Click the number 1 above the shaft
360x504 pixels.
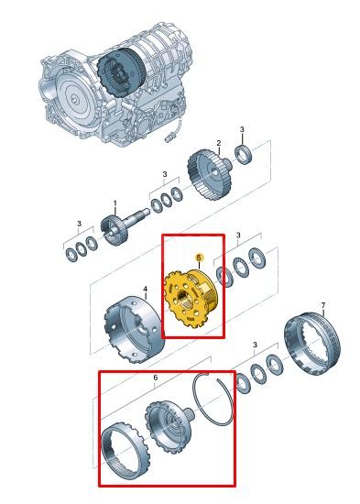pyautogui.click(x=115, y=203)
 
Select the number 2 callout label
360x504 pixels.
pyautogui.click(x=219, y=143)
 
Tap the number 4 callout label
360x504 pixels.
pyautogui.click(x=145, y=289)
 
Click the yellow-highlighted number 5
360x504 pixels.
pyautogui.click(x=199, y=257)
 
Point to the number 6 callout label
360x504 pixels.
pyautogui.click(x=156, y=378)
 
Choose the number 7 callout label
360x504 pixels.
pyautogui.click(x=323, y=305)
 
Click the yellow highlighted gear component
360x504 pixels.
pyautogui.click(x=191, y=300)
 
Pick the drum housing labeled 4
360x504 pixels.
pyautogui.click(x=135, y=330)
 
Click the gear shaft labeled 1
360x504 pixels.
pyautogui.click(x=125, y=226)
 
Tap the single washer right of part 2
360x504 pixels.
pyautogui.click(x=244, y=154)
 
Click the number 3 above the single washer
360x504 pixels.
pyautogui.click(x=242, y=129)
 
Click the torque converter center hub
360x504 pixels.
pyautogui.click(x=74, y=100)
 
